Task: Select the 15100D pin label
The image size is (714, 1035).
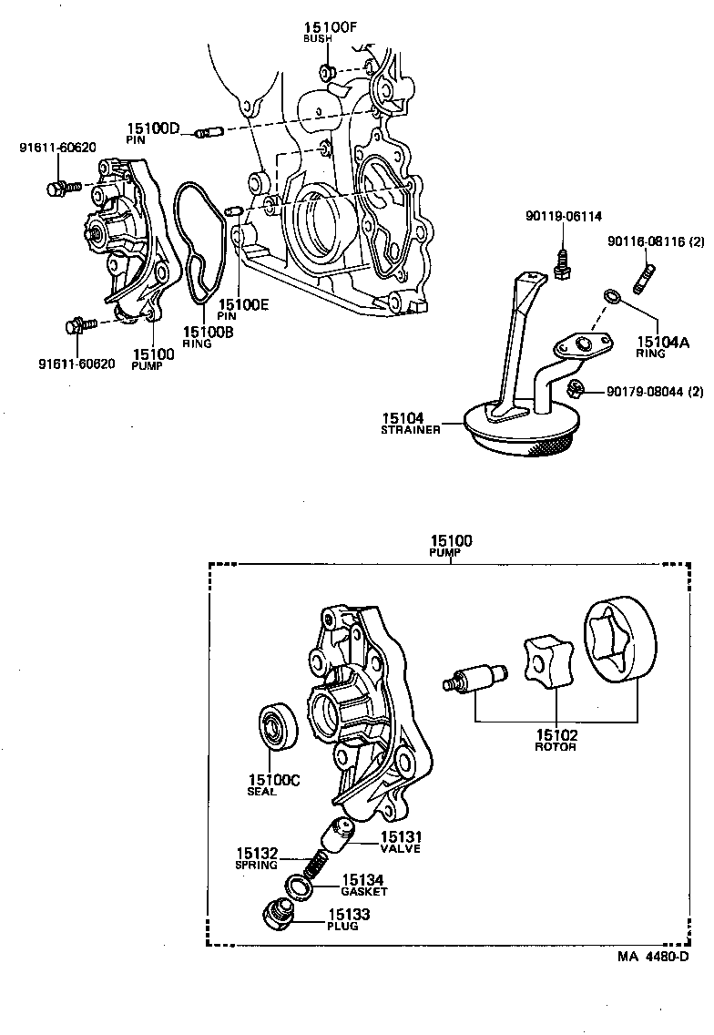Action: coord(153,128)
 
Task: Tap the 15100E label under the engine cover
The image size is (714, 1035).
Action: coord(242,304)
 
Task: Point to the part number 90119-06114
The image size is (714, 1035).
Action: coord(562,216)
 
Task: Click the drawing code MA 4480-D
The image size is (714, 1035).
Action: coord(652,957)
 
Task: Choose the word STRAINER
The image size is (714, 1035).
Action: coord(411,429)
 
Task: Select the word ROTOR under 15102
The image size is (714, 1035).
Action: coord(555,747)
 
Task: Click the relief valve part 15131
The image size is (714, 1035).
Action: coord(342,831)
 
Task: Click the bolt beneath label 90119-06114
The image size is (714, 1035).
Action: coord(562,261)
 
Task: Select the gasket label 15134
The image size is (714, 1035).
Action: coord(362,880)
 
